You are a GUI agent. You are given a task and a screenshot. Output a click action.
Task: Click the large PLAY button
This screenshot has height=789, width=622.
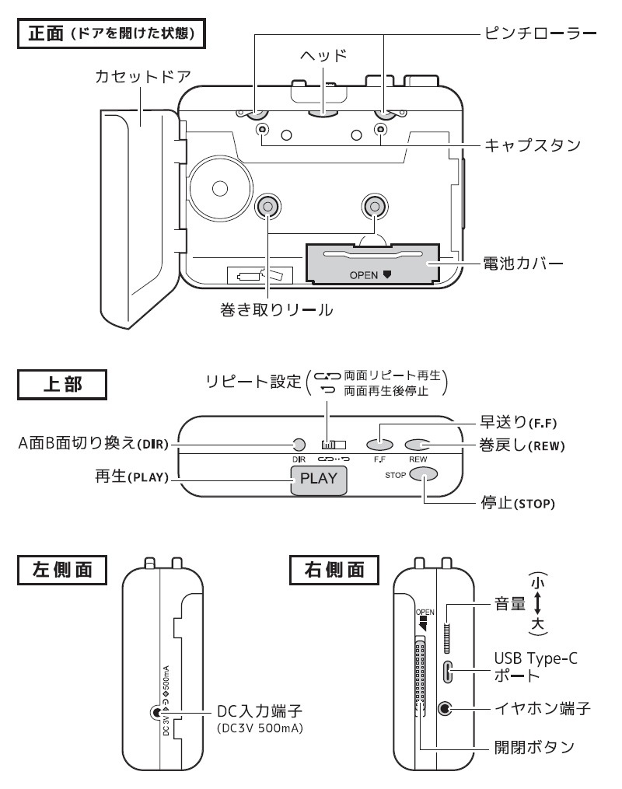click(x=319, y=477)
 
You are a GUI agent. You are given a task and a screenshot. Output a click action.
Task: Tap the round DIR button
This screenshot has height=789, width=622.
click(x=298, y=445)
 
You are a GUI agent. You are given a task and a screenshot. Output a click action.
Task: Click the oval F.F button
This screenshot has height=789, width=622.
click(x=380, y=445)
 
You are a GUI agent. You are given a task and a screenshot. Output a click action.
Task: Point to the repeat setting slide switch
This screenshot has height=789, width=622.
click(x=333, y=445)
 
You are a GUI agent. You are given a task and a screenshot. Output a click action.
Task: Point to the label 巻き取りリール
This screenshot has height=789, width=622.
click(x=277, y=310)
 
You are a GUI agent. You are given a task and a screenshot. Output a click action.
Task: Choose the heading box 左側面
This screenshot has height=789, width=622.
click(x=61, y=570)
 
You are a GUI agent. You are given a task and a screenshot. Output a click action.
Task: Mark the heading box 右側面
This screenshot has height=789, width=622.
click(x=334, y=570)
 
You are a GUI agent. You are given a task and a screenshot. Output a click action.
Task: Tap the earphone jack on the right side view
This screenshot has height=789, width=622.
click(x=446, y=708)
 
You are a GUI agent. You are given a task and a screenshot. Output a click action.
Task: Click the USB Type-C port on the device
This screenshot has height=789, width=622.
click(x=447, y=671)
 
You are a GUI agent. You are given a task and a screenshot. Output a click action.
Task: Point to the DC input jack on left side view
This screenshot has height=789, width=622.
click(x=158, y=712)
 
